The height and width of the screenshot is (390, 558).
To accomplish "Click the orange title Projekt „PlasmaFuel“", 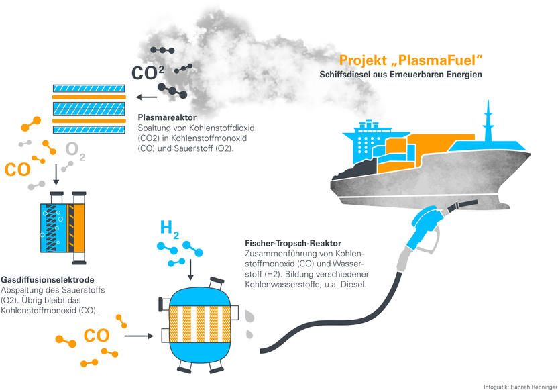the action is click(x=410, y=60).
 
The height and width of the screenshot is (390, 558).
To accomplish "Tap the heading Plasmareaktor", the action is click(x=167, y=117).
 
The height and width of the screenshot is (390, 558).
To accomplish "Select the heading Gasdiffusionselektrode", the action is click(x=48, y=280).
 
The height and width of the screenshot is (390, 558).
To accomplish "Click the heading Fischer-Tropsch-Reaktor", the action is click(x=293, y=243).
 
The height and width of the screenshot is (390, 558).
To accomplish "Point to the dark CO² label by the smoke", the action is click(x=148, y=73).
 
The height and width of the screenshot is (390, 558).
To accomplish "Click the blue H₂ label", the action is click(x=170, y=229).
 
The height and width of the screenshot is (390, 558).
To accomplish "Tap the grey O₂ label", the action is click(x=75, y=151).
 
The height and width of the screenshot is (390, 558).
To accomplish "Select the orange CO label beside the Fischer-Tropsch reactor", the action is click(x=97, y=336).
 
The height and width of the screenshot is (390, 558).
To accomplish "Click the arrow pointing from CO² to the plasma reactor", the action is click(x=147, y=97).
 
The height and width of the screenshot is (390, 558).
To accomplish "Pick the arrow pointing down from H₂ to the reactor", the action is click(x=190, y=270).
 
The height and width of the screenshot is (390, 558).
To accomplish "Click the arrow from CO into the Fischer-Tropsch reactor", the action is click(x=139, y=336).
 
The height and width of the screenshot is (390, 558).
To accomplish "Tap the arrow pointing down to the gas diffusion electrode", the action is click(x=56, y=175).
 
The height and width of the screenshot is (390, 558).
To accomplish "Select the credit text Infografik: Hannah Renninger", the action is click(x=520, y=387).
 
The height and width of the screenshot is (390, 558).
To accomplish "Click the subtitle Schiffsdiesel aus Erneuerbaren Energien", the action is click(x=400, y=75).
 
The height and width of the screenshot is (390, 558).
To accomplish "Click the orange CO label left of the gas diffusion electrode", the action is click(x=17, y=170).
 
